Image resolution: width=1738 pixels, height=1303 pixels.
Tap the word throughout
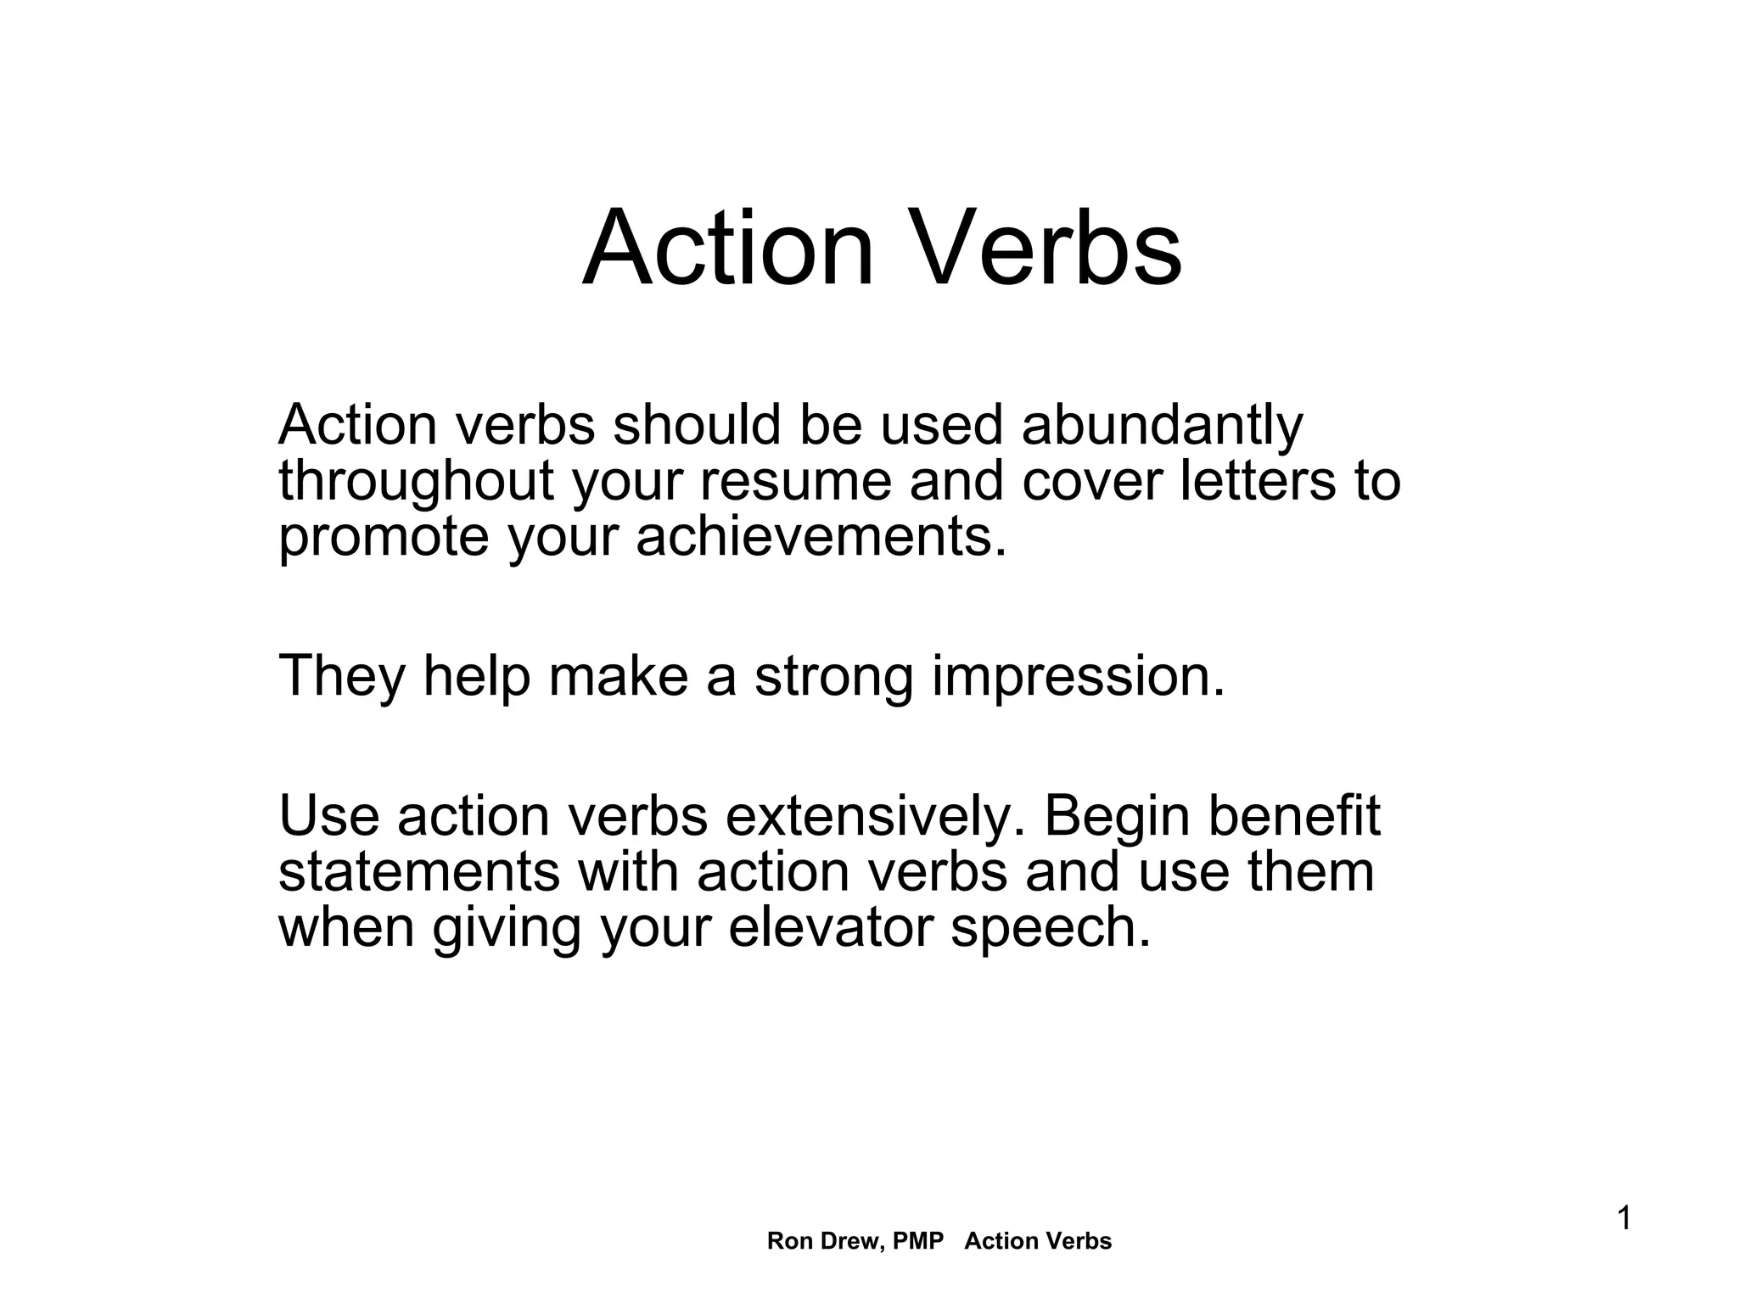(x=416, y=481)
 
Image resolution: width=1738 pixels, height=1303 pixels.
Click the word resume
(x=795, y=481)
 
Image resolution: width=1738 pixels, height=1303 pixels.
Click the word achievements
(x=821, y=538)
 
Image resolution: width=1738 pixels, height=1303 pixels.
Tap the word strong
(x=833, y=676)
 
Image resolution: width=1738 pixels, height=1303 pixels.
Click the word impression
(x=1079, y=676)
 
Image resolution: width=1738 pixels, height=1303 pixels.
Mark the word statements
(x=418, y=872)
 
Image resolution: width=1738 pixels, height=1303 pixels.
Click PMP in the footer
(x=918, y=1241)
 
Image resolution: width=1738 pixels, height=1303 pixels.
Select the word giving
(x=507, y=927)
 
